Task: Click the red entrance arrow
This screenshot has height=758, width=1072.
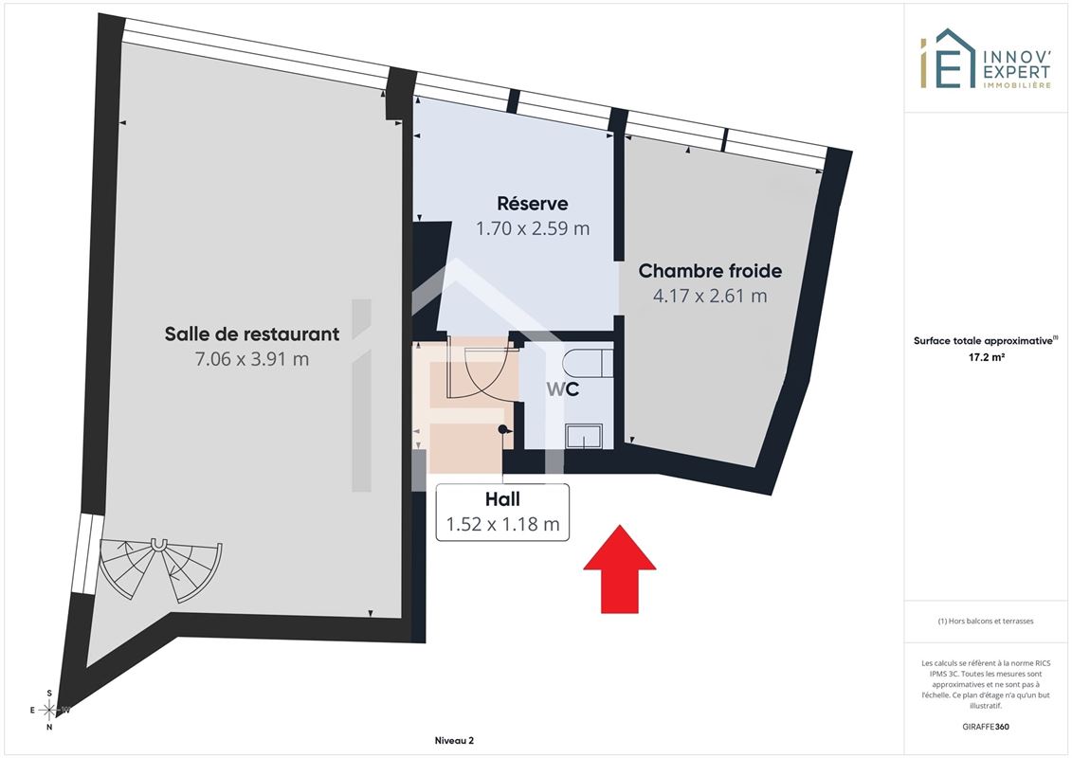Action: [619, 568]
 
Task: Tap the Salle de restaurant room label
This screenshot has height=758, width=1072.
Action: [251, 334]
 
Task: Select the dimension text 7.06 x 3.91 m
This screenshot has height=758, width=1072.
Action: [251, 359]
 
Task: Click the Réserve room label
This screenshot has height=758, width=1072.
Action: [533, 204]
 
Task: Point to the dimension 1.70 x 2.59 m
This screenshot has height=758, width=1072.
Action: [533, 228]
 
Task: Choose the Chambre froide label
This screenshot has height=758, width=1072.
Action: [710, 271]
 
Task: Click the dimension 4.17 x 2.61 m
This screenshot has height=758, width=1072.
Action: [710, 296]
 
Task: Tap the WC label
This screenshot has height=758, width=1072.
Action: [563, 389]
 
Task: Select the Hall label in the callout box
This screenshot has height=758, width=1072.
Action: [502, 499]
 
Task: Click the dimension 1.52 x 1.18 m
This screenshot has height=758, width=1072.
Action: [502, 524]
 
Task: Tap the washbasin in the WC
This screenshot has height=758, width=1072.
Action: [584, 436]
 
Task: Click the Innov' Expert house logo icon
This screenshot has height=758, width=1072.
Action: [948, 59]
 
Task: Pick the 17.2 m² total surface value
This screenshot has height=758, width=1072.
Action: [986, 357]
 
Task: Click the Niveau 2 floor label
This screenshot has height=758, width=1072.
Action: [454, 740]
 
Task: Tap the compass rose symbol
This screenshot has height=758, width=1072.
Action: [49, 711]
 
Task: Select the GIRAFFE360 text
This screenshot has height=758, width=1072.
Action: [985, 727]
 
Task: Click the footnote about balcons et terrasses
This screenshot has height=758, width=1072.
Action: [985, 622]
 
